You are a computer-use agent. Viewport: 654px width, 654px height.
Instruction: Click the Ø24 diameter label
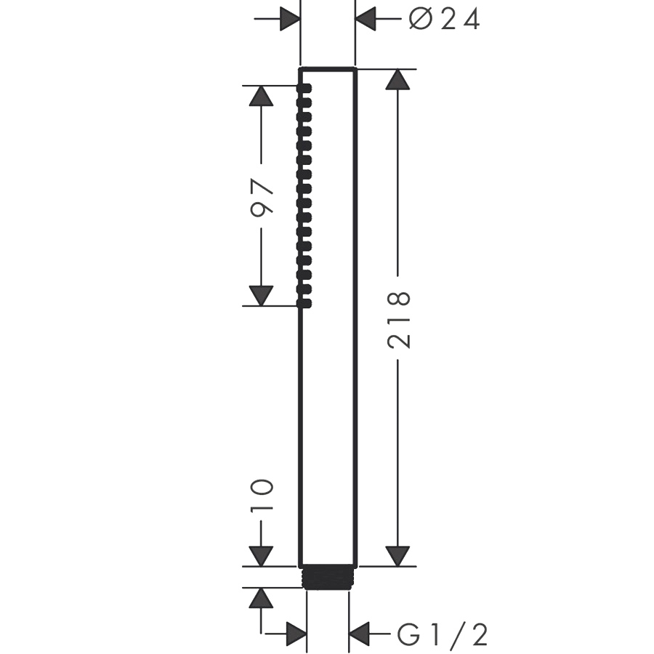445,19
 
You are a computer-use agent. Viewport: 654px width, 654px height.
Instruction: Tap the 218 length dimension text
399,320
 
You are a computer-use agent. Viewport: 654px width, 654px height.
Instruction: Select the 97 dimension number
262,196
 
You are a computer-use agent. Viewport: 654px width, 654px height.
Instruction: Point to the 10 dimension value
262,495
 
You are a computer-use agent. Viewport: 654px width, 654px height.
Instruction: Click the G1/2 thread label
442,636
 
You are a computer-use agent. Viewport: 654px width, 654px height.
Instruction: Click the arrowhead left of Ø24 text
366,19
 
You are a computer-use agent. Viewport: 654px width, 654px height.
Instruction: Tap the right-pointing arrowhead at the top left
290,19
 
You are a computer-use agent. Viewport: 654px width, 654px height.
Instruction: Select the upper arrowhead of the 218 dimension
397,79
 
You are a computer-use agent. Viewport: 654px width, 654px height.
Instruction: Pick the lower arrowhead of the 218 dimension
397,556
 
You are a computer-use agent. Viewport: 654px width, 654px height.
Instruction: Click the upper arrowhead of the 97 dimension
261,96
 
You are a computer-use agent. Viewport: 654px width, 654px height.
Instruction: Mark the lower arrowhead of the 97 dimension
261,296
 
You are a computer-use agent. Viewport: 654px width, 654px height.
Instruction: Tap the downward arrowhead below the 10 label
261,557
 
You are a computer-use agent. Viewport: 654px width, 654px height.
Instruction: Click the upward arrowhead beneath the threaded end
261,598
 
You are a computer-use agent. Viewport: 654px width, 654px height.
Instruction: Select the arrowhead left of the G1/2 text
360,634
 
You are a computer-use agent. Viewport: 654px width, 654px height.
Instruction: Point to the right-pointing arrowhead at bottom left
296,634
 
